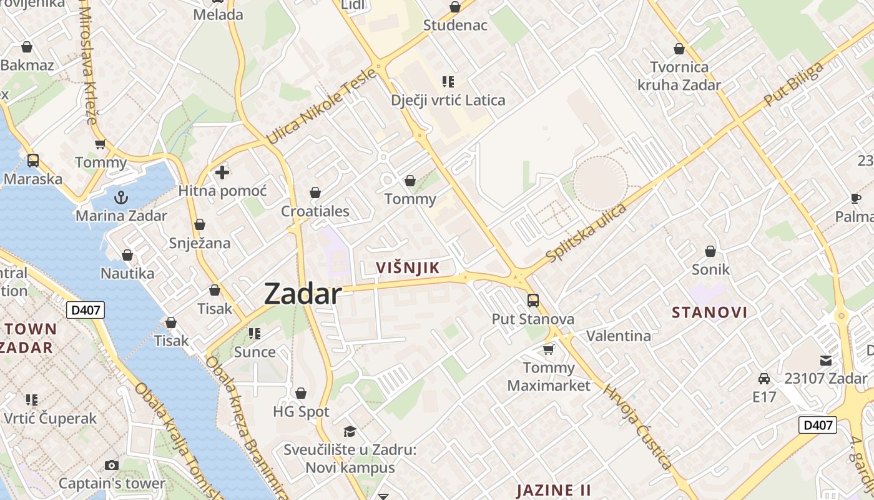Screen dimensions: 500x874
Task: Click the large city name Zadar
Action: pos(303,294)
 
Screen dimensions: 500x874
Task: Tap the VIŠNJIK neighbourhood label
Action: pos(408,268)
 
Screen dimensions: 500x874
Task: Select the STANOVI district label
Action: pos(709,312)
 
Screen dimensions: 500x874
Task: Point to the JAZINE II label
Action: pos(554,489)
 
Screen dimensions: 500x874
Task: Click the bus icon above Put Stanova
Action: pos(533,301)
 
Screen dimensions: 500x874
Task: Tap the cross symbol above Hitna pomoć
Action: pos(222,172)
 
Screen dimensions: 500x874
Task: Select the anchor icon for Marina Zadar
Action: pos(121,198)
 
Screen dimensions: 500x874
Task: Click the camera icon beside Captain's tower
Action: pos(112,465)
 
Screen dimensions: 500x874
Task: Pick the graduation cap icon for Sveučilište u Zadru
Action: pos(350,431)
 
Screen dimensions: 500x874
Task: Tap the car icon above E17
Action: pos(764,379)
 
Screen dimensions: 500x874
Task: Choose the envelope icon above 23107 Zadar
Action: pos(826,360)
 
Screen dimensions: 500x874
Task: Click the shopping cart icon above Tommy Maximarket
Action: pos(548,349)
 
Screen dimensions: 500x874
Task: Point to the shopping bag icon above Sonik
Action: pos(710,251)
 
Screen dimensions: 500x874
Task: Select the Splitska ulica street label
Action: pos(586,232)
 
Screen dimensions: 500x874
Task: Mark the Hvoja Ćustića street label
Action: pos(637,426)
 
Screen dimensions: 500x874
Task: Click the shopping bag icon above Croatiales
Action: pos(315,192)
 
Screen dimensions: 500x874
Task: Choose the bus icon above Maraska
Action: pos(33,161)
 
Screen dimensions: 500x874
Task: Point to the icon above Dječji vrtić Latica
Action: pos(448,81)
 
